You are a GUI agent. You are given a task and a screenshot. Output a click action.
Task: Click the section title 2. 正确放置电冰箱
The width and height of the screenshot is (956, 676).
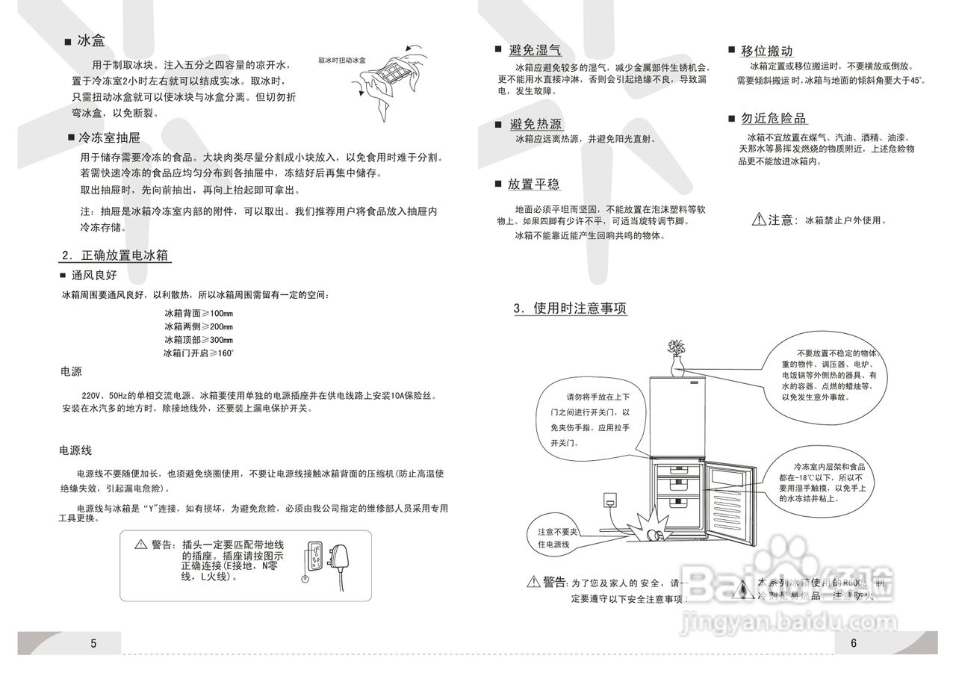[x=117, y=255]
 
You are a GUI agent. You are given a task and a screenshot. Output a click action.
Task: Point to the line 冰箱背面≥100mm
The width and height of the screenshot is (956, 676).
[x=199, y=314]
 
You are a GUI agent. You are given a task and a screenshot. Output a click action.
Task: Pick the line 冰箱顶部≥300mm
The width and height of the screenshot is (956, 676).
[x=199, y=340]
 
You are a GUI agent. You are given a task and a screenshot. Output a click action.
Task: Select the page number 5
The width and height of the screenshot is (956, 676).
[x=93, y=643]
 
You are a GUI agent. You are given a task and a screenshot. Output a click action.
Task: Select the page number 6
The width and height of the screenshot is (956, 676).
[x=853, y=643]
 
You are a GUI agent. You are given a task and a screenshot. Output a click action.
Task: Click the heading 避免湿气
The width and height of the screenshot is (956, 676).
[x=535, y=50]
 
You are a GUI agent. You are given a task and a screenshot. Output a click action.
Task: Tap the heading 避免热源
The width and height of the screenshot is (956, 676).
[x=535, y=124]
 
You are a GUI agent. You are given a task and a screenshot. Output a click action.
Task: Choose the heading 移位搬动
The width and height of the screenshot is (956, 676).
[x=766, y=51]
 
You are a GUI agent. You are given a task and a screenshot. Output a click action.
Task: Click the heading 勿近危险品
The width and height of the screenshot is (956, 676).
[x=774, y=119]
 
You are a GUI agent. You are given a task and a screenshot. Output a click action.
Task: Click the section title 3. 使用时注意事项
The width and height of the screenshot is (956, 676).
[x=570, y=308]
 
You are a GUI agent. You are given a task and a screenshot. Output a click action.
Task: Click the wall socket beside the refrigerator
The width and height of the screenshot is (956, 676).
[x=610, y=499]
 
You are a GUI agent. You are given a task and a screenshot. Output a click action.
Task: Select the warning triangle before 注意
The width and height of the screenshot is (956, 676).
[x=758, y=220]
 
